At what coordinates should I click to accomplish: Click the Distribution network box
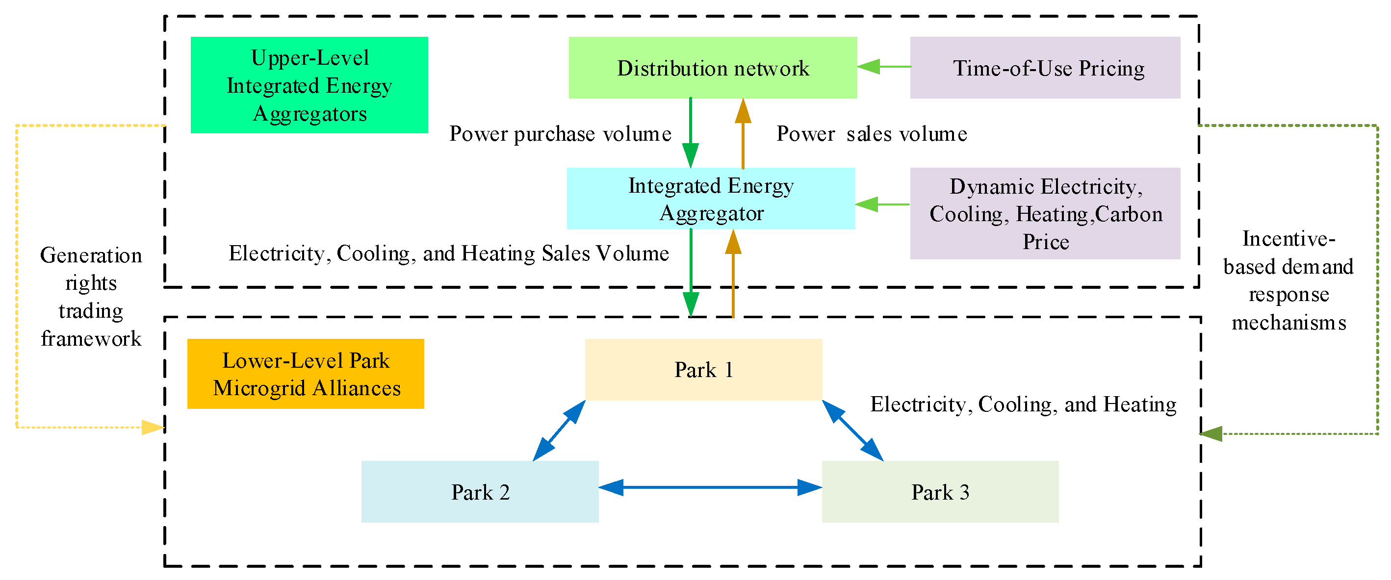point(712,68)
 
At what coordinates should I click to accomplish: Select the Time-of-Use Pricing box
point(1044,68)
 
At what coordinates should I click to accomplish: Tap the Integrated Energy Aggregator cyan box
point(711,199)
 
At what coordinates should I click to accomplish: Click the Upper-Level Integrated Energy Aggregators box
point(309,85)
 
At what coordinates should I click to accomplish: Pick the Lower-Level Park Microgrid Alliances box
point(306,374)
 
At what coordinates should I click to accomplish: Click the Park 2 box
point(480,492)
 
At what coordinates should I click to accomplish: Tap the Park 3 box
point(940,492)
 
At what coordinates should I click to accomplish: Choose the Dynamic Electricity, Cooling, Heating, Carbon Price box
point(1044,213)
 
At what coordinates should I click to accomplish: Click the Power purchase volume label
point(560,134)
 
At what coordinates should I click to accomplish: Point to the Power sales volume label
point(871,134)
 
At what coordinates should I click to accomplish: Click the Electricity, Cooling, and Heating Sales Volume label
point(448,253)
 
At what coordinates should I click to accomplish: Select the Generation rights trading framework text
point(91,296)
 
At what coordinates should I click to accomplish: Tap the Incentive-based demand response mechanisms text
point(1288,280)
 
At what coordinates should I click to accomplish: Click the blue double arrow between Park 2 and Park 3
point(710,487)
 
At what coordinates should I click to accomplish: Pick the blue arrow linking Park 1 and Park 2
point(559,430)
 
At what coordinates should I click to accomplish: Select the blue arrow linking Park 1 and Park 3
point(852,430)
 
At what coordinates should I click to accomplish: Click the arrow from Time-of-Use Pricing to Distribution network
point(883,67)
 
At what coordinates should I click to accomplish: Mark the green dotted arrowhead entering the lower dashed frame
point(1211,433)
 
